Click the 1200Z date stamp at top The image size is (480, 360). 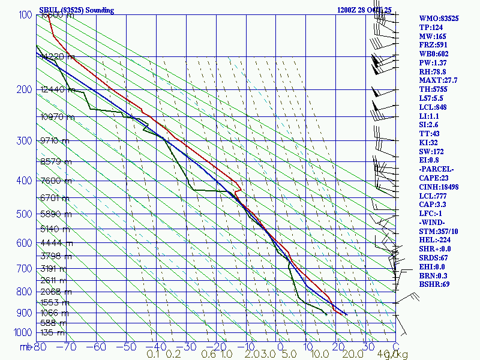[364, 10]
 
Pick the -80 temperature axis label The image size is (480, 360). [40, 346]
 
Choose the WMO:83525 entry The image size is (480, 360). [439, 19]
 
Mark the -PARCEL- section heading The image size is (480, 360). [436, 169]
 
